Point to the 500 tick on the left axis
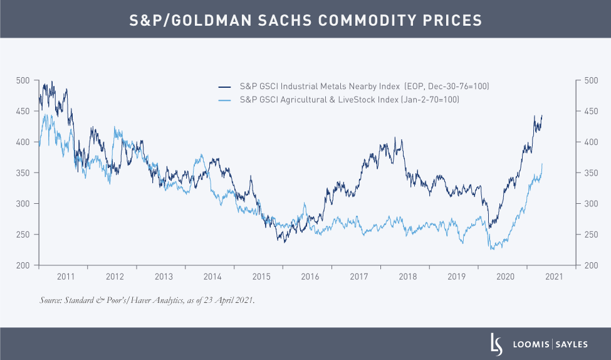point(23,80)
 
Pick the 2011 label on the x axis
point(66,277)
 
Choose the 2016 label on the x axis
point(310,277)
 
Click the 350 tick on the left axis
point(23,173)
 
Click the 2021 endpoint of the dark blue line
point(542,115)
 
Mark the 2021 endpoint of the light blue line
point(542,164)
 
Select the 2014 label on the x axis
point(212,277)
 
